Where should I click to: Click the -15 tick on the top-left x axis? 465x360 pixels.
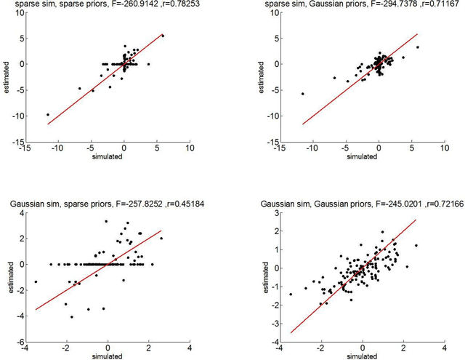click(x=24, y=148)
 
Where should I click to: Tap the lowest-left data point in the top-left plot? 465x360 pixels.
click(x=48, y=114)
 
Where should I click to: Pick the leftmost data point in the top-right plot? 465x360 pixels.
click(x=302, y=93)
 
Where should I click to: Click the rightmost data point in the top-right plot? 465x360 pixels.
click(x=417, y=47)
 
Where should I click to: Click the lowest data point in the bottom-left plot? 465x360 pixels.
click(x=71, y=317)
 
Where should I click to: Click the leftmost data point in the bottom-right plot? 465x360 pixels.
click(x=291, y=295)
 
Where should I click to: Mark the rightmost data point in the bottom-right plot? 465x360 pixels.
click(x=416, y=245)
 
